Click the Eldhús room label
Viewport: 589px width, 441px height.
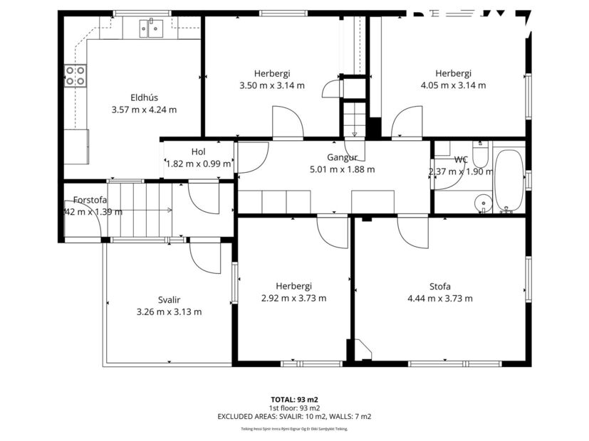tap(144, 97)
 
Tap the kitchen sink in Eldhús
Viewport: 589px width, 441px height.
tap(152, 28)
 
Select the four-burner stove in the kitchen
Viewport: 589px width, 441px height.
tap(75, 75)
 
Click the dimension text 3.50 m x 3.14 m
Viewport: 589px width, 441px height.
tap(271, 85)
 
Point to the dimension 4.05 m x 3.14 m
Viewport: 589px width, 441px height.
tap(453, 85)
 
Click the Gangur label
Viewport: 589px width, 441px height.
tap(342, 157)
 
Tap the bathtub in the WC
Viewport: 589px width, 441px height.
tap(509, 181)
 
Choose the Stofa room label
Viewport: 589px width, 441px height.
tap(439, 287)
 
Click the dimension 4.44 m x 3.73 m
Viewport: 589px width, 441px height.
tap(439, 299)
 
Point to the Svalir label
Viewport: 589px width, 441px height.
tap(169, 299)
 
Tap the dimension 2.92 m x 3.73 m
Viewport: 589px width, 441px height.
tap(293, 299)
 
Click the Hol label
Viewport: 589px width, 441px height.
tap(198, 152)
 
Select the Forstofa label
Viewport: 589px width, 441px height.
tap(90, 200)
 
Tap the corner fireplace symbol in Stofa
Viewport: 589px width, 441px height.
tap(361, 350)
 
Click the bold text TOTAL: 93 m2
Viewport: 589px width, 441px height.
tap(294, 399)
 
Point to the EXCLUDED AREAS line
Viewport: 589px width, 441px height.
tap(294, 416)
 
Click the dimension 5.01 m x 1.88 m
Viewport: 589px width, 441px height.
tap(342, 169)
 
